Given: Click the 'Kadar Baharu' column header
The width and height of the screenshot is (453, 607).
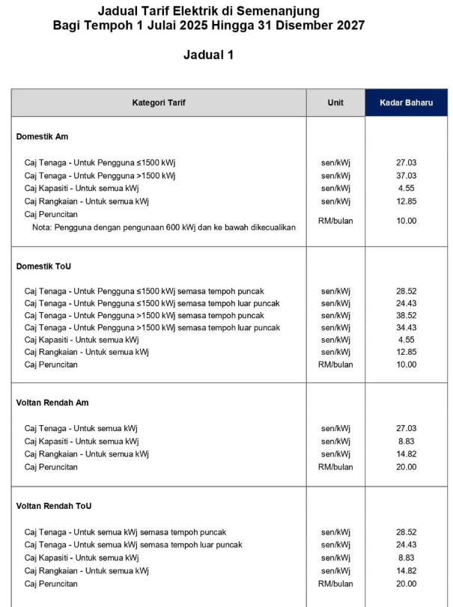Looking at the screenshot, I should [x=406, y=103].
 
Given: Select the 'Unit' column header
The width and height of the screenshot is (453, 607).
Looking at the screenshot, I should [x=335, y=103].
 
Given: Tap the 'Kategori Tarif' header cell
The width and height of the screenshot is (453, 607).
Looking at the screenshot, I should [x=159, y=103].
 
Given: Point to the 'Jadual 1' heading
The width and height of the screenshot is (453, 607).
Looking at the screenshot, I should [x=208, y=55].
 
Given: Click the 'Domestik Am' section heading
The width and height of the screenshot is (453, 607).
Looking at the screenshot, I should [x=42, y=137].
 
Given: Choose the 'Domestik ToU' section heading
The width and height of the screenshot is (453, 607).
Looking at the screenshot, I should [x=43, y=266].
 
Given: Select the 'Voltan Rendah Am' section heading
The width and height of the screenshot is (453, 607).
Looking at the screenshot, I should [x=52, y=403].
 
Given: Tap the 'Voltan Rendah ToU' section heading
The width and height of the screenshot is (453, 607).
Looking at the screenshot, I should [x=54, y=506].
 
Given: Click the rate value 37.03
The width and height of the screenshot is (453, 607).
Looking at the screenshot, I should [x=406, y=175].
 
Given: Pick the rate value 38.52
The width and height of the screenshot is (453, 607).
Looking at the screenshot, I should [x=406, y=315].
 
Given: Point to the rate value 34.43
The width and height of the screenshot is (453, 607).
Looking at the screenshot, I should [x=406, y=327].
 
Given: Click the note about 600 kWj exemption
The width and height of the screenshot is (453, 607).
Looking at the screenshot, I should [x=163, y=227].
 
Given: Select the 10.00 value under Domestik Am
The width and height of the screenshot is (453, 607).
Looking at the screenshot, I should [x=406, y=221].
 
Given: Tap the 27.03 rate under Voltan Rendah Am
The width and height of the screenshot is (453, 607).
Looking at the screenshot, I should [x=406, y=428].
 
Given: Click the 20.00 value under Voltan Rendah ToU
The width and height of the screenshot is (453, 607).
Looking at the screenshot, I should [x=406, y=583].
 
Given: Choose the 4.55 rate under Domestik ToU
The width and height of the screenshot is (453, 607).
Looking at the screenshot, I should [x=406, y=339].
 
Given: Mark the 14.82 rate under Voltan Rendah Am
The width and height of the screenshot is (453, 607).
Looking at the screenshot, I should [x=406, y=454].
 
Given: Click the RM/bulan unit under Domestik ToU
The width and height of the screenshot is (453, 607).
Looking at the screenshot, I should [x=335, y=364].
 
